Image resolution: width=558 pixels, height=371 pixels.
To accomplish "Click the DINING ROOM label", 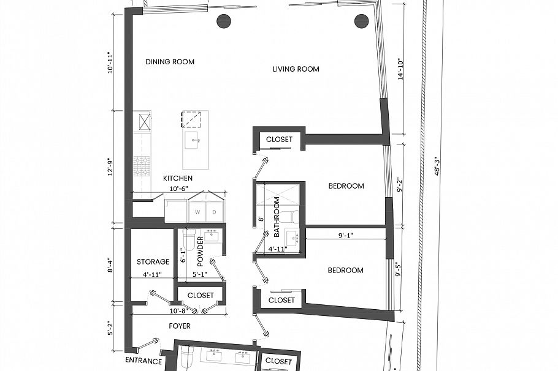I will pos(170,62).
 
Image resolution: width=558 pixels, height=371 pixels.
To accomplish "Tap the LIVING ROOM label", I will pos(296,69).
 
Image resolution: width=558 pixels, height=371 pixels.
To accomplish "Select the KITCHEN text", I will pos(178,178).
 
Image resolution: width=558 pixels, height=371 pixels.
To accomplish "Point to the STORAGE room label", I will pos(153,262).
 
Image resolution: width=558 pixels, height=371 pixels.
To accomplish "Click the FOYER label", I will pos(180,326).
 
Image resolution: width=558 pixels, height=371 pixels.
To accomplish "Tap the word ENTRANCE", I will pos(143,361).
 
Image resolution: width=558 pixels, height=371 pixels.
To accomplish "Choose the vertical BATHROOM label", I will pos(277,217).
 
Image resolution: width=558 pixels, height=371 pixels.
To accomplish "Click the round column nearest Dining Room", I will pos(224,21).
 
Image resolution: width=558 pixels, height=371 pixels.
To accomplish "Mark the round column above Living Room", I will pos(361,21).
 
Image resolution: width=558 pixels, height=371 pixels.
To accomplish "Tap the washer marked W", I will pos(197,212).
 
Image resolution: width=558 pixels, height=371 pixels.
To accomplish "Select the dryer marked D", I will pos(214,212).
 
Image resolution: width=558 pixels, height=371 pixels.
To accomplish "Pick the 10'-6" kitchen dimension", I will pos(177,189).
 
